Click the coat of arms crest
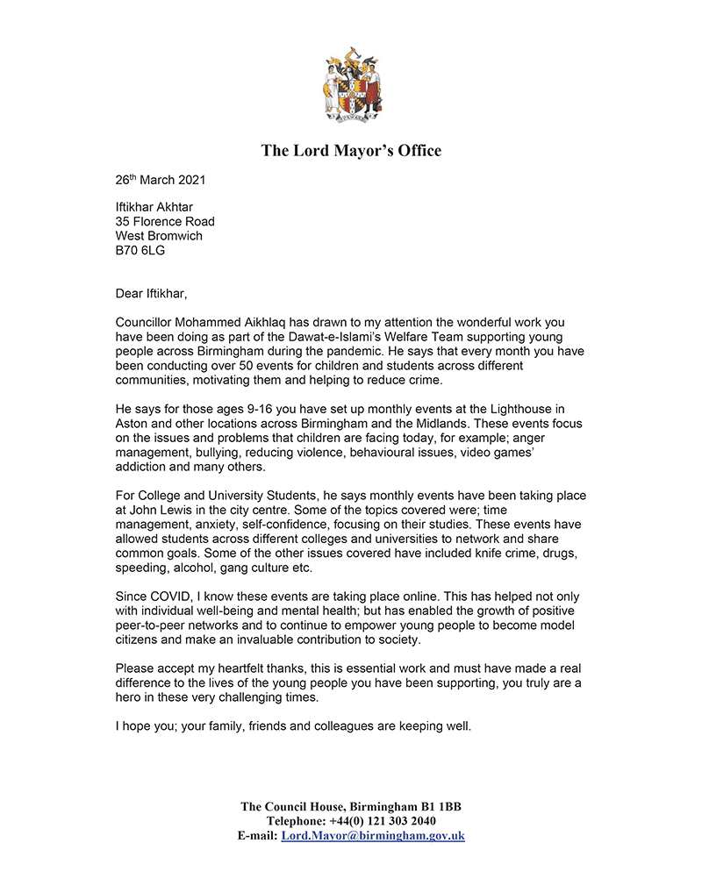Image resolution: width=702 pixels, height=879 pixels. point(351,86)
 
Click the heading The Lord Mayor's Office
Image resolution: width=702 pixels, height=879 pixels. point(351,151)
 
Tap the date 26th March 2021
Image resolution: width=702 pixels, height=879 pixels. point(161,180)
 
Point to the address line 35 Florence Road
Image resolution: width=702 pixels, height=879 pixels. point(165,222)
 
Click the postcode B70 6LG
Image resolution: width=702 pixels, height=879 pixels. point(140,250)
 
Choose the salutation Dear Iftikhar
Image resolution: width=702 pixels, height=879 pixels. point(151,291)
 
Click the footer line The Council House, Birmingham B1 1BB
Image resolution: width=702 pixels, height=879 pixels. point(351,806)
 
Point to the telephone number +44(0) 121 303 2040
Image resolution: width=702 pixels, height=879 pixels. point(387,821)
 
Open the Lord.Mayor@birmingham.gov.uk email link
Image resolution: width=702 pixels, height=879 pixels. point(373,836)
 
